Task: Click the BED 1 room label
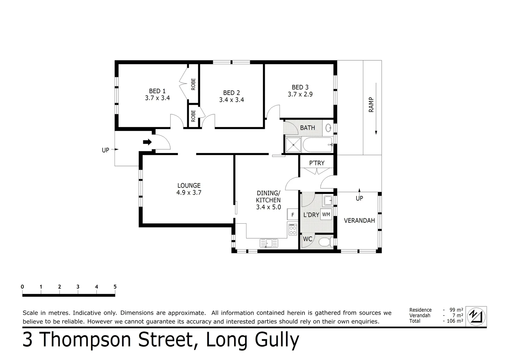pos(157,91)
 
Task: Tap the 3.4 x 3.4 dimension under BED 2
pos(231,100)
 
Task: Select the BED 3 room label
pos(300,87)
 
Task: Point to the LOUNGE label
pos(189,186)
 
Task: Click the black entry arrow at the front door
pos(147,142)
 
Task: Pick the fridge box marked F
pos(293,215)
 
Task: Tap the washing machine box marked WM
pos(326,214)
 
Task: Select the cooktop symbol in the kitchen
pos(293,229)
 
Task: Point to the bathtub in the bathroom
pos(317,145)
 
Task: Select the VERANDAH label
pos(359,220)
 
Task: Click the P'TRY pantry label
pos(316,163)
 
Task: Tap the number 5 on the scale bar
pos(115,287)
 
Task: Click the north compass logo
pos(476,316)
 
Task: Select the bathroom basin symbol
pos(328,128)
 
